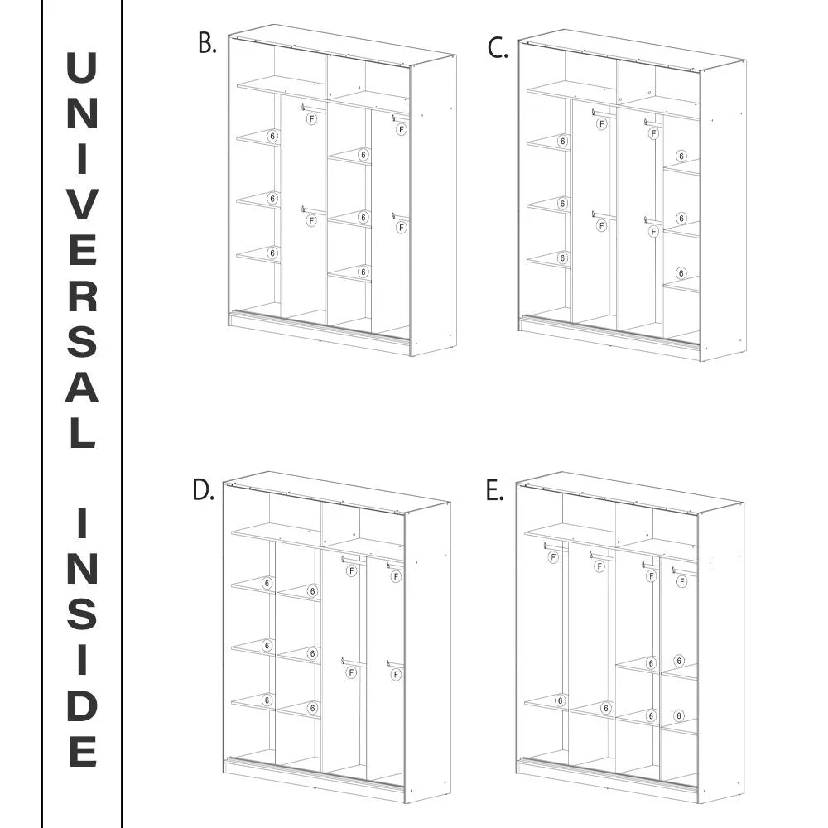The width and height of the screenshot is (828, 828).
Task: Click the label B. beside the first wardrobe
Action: [x=208, y=43]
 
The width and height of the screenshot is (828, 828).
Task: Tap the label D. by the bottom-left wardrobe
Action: [x=204, y=490]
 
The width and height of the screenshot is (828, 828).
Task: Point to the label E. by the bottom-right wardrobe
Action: [x=495, y=490]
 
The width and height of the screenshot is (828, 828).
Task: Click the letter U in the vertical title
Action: [x=82, y=68]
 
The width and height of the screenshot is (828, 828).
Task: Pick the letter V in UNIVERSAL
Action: [x=82, y=204]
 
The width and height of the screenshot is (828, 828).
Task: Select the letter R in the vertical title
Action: [x=82, y=295]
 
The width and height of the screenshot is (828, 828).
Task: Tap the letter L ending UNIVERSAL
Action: [x=83, y=432]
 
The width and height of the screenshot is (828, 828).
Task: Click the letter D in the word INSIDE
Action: [x=82, y=705]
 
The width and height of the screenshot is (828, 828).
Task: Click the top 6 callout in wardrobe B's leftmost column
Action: [x=272, y=137]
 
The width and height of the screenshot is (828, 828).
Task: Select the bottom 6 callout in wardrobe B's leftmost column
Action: [x=272, y=253]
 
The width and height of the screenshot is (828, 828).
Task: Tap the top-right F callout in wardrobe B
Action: [x=402, y=129]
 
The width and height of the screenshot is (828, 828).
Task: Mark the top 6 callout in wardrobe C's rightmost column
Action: [x=681, y=156]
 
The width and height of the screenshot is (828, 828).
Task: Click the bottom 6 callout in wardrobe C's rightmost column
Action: [x=681, y=273]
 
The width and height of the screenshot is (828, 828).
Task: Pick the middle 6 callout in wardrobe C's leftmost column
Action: [x=562, y=204]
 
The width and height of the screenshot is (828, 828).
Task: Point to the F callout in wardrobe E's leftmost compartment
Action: [x=553, y=557]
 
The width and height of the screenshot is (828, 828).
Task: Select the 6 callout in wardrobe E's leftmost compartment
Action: [x=560, y=700]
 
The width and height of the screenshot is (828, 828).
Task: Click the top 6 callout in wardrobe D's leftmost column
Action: [x=267, y=583]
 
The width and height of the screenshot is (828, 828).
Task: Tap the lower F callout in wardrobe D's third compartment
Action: [x=351, y=672]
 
